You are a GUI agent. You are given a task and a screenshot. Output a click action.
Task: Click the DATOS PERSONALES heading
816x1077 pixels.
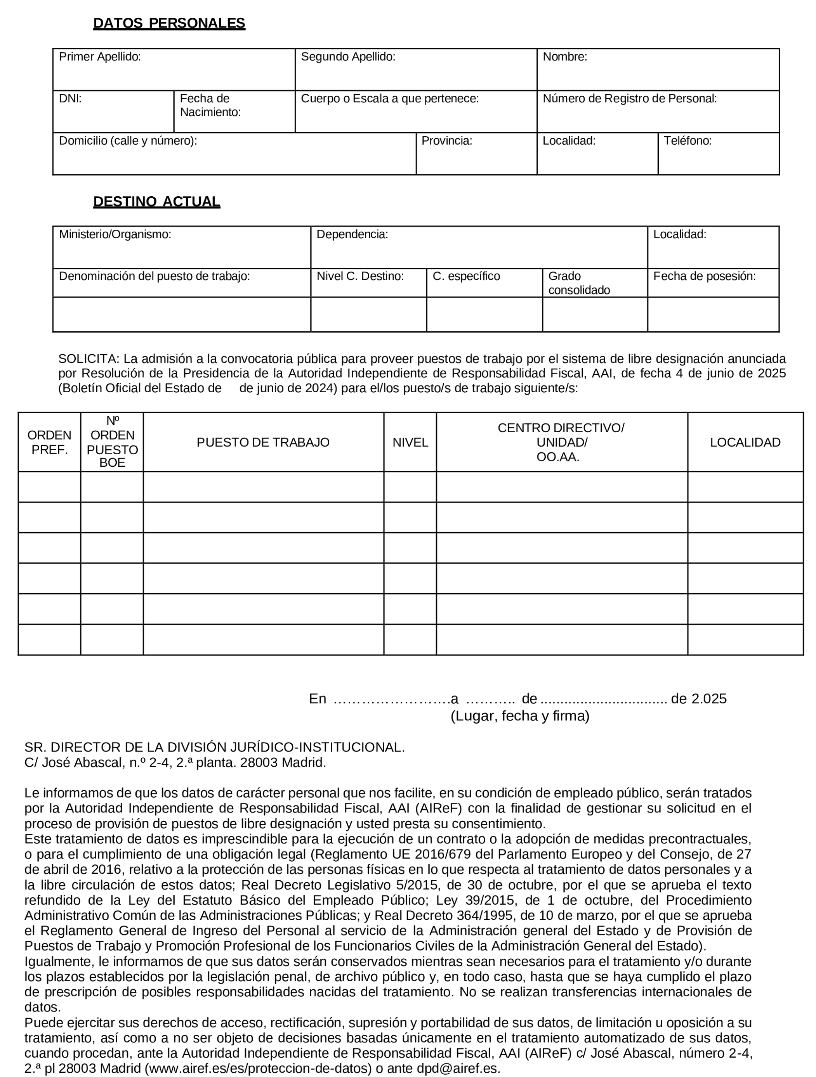pyautogui.click(x=169, y=23)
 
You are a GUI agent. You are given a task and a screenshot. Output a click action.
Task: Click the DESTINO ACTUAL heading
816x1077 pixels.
pyautogui.click(x=156, y=202)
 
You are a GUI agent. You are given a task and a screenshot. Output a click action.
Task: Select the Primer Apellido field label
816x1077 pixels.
pyautogui.click(x=100, y=57)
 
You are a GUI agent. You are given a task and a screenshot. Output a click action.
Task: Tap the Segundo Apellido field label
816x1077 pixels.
pyautogui.click(x=348, y=57)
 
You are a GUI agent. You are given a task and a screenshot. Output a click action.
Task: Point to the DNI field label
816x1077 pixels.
pyautogui.click(x=70, y=99)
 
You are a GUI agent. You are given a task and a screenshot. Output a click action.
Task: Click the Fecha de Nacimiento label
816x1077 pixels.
pyautogui.click(x=210, y=105)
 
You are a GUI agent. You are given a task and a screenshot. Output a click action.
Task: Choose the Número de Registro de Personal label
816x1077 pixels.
pyautogui.click(x=629, y=99)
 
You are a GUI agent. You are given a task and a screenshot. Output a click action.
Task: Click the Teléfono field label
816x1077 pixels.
pyautogui.click(x=688, y=141)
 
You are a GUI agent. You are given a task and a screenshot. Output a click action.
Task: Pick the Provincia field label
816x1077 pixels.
pyautogui.click(x=447, y=141)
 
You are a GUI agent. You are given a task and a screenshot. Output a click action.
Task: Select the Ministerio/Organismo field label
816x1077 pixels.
pyautogui.click(x=115, y=234)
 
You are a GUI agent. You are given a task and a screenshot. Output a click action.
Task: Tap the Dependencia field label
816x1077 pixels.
pyautogui.click(x=352, y=234)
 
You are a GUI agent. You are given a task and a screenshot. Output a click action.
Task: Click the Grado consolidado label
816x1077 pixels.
pyautogui.click(x=579, y=283)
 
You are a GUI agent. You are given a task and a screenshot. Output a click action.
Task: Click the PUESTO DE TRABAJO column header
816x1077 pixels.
pyautogui.click(x=263, y=442)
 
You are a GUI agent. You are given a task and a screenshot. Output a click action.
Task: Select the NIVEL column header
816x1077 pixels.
pyautogui.click(x=410, y=442)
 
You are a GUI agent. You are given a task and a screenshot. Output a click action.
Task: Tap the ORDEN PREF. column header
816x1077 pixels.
pyautogui.click(x=49, y=442)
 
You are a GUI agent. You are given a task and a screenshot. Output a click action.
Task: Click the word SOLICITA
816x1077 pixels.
pyautogui.click(x=88, y=359)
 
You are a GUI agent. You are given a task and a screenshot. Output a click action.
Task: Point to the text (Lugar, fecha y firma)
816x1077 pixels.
pyautogui.click(x=520, y=716)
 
